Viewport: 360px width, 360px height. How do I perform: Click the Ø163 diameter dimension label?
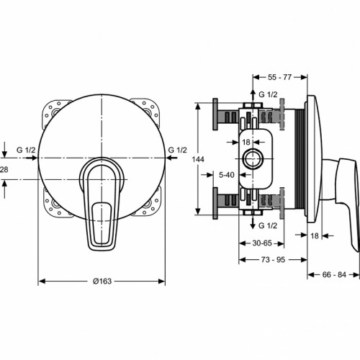102,281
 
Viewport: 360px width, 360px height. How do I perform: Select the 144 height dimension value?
198,159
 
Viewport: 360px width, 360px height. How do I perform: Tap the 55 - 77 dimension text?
279,77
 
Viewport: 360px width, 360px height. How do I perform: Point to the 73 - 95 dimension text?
273,259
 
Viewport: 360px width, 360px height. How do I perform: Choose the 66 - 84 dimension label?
334,274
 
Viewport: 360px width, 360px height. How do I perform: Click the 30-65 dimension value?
262,243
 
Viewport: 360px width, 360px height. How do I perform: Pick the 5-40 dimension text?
227,175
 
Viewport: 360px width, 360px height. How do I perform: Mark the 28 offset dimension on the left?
4,170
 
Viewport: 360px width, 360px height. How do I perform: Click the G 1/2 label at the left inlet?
26,150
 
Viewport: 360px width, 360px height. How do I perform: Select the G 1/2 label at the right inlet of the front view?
177,150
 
